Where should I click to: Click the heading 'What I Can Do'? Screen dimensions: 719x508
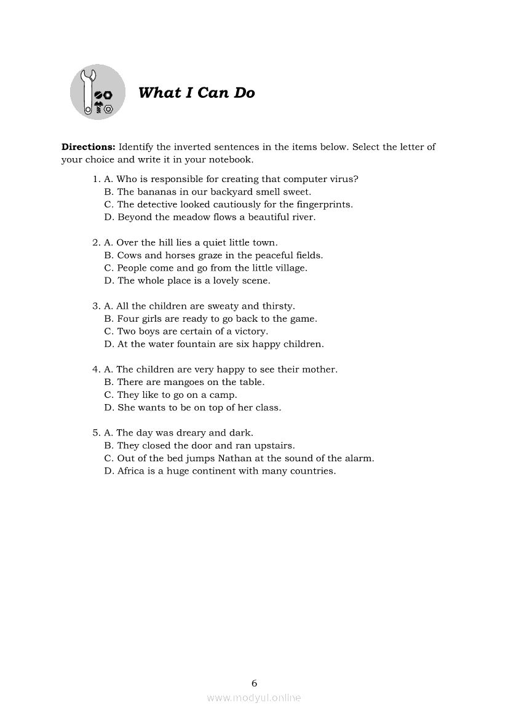pyautogui.click(x=196, y=93)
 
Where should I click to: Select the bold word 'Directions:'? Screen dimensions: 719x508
pyautogui.click(x=89, y=147)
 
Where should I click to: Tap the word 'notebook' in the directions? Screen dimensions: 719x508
pyautogui.click(x=230, y=159)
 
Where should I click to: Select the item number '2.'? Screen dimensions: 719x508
pyautogui.click(x=96, y=242)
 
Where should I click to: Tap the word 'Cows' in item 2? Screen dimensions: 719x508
pyautogui.click(x=129, y=255)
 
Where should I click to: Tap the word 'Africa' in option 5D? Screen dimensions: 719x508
pyautogui.click(x=130, y=471)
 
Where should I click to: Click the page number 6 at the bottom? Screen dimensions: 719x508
pyautogui.click(x=254, y=683)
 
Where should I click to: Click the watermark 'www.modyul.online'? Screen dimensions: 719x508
pyautogui.click(x=254, y=697)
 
